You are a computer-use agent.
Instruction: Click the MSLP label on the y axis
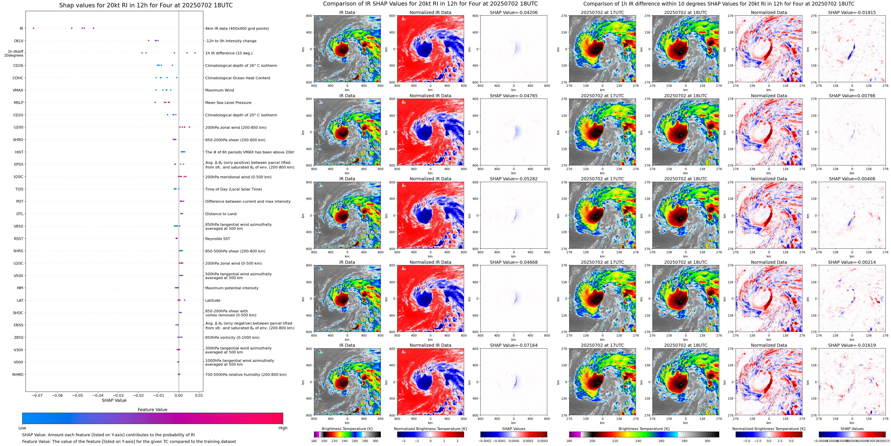[18, 103]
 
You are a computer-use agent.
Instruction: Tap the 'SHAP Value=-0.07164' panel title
[514, 345]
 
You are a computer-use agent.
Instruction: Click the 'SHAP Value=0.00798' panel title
[852, 96]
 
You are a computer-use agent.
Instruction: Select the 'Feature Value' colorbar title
[152, 410]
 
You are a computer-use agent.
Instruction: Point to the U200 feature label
[18, 127]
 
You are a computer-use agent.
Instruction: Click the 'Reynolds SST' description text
[217, 239]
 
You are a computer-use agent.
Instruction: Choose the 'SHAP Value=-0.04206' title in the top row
[514, 12]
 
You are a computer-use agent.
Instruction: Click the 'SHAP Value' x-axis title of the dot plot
[114, 400]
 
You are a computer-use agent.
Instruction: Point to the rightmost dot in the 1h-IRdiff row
[195, 53]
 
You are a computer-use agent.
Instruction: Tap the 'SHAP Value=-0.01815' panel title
[852, 12]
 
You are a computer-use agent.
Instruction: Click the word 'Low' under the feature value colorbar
[22, 428]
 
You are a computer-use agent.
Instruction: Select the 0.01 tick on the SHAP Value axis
[199, 395]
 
